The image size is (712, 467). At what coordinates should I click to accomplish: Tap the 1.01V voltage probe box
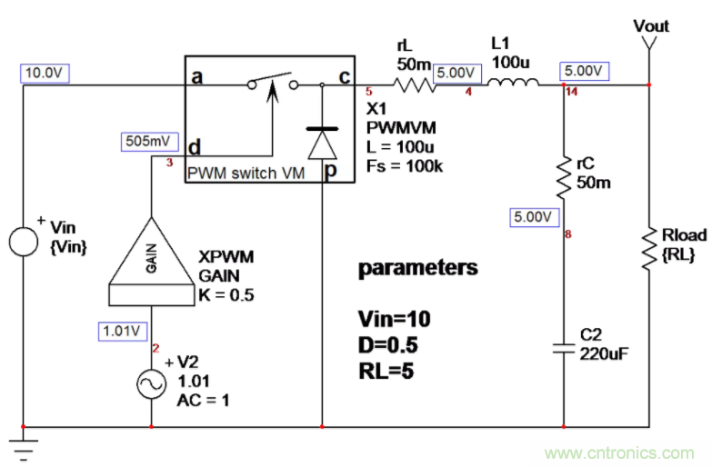[x=120, y=332]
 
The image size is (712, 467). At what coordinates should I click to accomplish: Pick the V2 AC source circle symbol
[x=150, y=384]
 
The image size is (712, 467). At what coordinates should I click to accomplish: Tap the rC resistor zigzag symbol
[x=564, y=174]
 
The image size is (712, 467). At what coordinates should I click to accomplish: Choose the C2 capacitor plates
[x=564, y=347]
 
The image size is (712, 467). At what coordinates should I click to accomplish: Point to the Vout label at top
[x=651, y=25]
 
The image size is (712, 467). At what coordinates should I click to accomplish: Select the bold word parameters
[x=417, y=268]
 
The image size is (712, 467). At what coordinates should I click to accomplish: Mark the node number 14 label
[x=570, y=93]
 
